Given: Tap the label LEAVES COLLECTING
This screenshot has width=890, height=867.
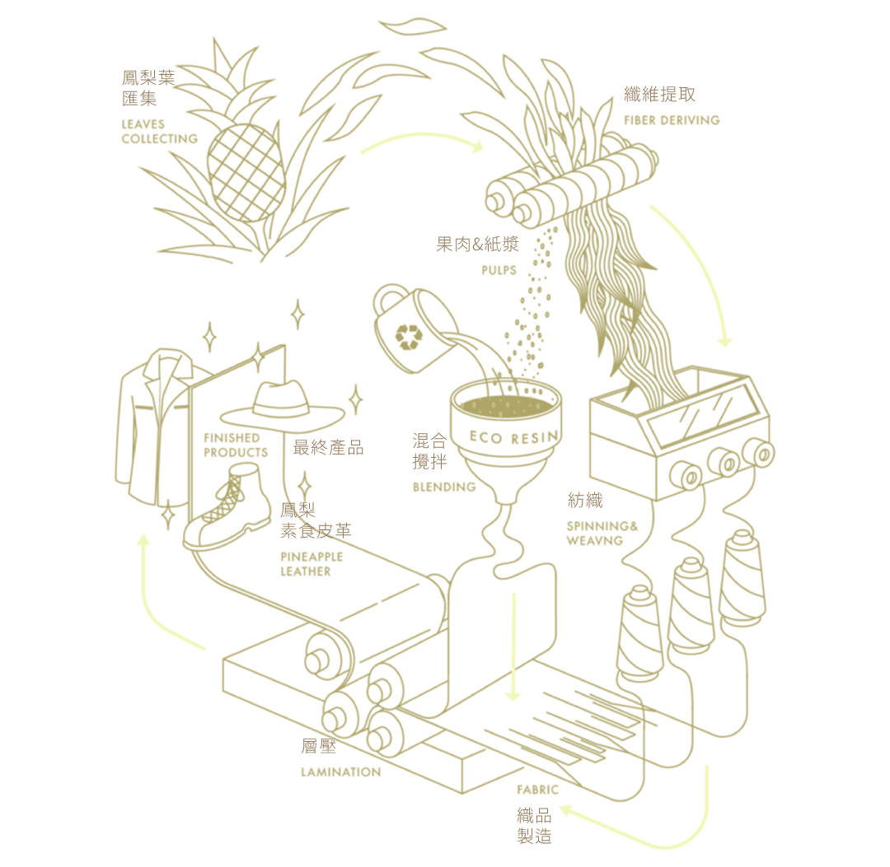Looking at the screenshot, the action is pos(160,132).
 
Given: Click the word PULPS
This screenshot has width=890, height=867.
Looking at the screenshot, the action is pos(499,270).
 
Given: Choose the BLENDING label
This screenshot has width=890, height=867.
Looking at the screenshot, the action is pos(444,487).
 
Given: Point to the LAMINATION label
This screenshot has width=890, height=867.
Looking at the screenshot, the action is pos(340,772).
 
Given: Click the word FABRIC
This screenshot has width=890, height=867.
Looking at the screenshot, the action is pos(537,790).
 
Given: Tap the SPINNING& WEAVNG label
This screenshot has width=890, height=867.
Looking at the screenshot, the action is pos(602,534).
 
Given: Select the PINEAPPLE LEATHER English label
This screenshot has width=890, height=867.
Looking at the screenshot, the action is pos(311,564).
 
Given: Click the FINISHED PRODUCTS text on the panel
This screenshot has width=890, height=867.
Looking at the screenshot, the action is pos(236,445).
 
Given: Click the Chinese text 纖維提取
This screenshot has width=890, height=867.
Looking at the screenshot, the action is pos(659,95).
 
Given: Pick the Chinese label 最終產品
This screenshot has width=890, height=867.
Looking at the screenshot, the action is pos(328,448).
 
